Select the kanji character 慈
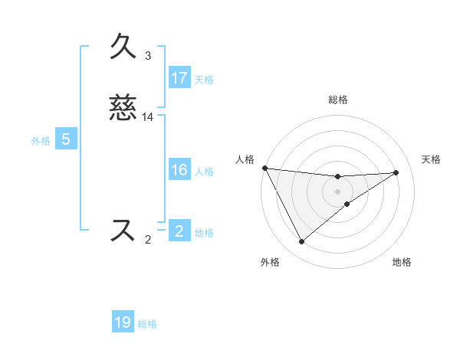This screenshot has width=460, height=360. pyautogui.click(x=123, y=107)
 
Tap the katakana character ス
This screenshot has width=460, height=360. pyautogui.click(x=123, y=230)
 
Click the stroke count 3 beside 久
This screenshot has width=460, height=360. pyautogui.click(x=148, y=56)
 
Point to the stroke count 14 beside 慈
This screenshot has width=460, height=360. pyautogui.click(x=148, y=116)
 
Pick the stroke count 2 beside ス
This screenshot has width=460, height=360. pyautogui.click(x=148, y=240)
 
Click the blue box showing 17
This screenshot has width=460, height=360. pyautogui.click(x=179, y=78)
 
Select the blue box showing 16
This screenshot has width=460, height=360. pyautogui.click(x=179, y=170)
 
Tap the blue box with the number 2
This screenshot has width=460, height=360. pyautogui.click(x=179, y=231)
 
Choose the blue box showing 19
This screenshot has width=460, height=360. pyautogui.click(x=123, y=322)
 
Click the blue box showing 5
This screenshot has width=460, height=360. pyautogui.click(x=66, y=139)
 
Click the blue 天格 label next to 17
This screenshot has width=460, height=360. pyautogui.click(x=204, y=79)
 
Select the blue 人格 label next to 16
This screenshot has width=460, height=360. pyautogui.click(x=204, y=172)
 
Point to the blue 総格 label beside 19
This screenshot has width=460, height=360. pyautogui.click(x=147, y=324)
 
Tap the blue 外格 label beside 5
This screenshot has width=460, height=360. pyautogui.click(x=41, y=141)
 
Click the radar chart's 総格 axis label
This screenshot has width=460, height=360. pyautogui.click(x=338, y=100)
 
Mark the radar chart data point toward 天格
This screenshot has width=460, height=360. pyautogui.click(x=396, y=172)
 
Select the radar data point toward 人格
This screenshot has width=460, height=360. pyautogui.click(x=264, y=167)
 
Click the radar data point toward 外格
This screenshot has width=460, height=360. pyautogui.click(x=301, y=242)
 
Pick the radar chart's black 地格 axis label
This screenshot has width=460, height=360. pyautogui.click(x=402, y=263)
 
